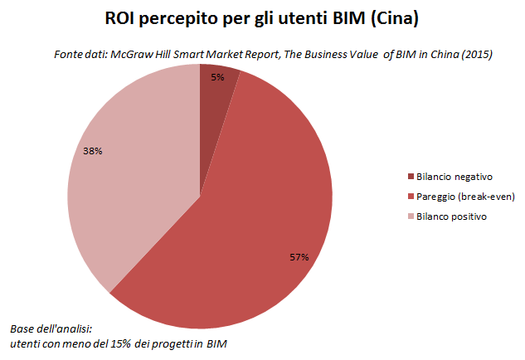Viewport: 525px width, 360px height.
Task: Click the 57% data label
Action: tap(299, 257)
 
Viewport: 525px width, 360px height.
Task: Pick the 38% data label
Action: tap(93, 151)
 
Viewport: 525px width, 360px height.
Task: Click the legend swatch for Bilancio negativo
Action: tap(411, 176)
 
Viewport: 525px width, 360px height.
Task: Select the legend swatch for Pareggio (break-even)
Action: tap(411, 196)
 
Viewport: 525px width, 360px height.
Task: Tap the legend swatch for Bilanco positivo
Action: tap(411, 216)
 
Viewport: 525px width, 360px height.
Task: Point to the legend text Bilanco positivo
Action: tap(452, 216)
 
